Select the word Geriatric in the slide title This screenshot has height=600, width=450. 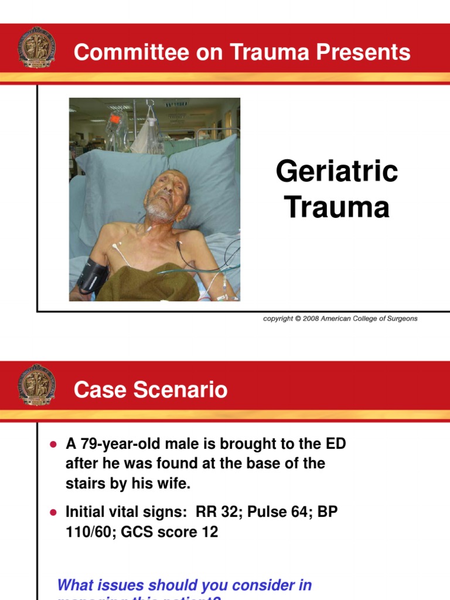(337, 172)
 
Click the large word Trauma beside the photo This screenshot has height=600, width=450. (337, 207)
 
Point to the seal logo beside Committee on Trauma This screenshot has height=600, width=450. (37, 47)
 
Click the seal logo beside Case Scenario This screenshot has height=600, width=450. (37, 384)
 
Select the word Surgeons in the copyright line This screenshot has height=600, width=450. (401, 319)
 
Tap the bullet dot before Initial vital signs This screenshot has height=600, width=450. (53, 512)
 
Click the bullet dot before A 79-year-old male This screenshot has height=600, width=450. (53, 445)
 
